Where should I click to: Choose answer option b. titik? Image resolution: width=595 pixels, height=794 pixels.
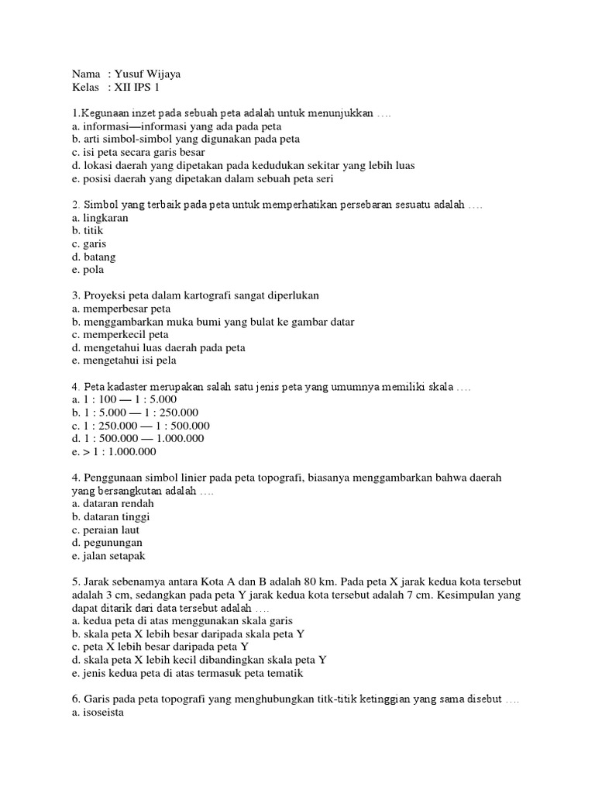click(x=87, y=231)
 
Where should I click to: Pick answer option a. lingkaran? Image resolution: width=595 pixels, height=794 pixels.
click(x=99, y=218)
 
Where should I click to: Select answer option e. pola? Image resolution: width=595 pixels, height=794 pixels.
click(x=87, y=271)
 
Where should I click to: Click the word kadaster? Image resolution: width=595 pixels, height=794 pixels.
click(x=132, y=387)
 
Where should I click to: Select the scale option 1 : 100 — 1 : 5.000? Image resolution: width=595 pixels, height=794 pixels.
click(x=123, y=400)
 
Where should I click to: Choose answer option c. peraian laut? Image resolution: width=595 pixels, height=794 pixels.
click(x=105, y=530)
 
